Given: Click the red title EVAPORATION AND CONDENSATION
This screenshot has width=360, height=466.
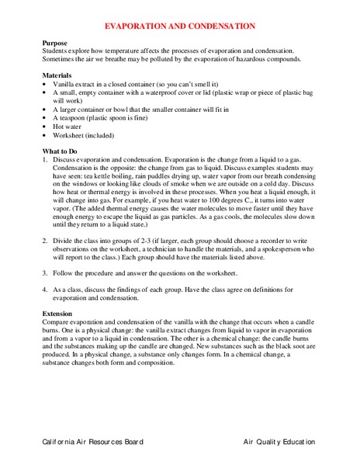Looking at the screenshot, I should (x=179, y=26).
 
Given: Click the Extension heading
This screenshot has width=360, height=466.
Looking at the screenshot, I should (x=61, y=313).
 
